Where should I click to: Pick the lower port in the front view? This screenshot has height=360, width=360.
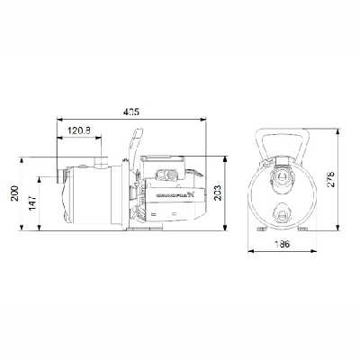(283, 212)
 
